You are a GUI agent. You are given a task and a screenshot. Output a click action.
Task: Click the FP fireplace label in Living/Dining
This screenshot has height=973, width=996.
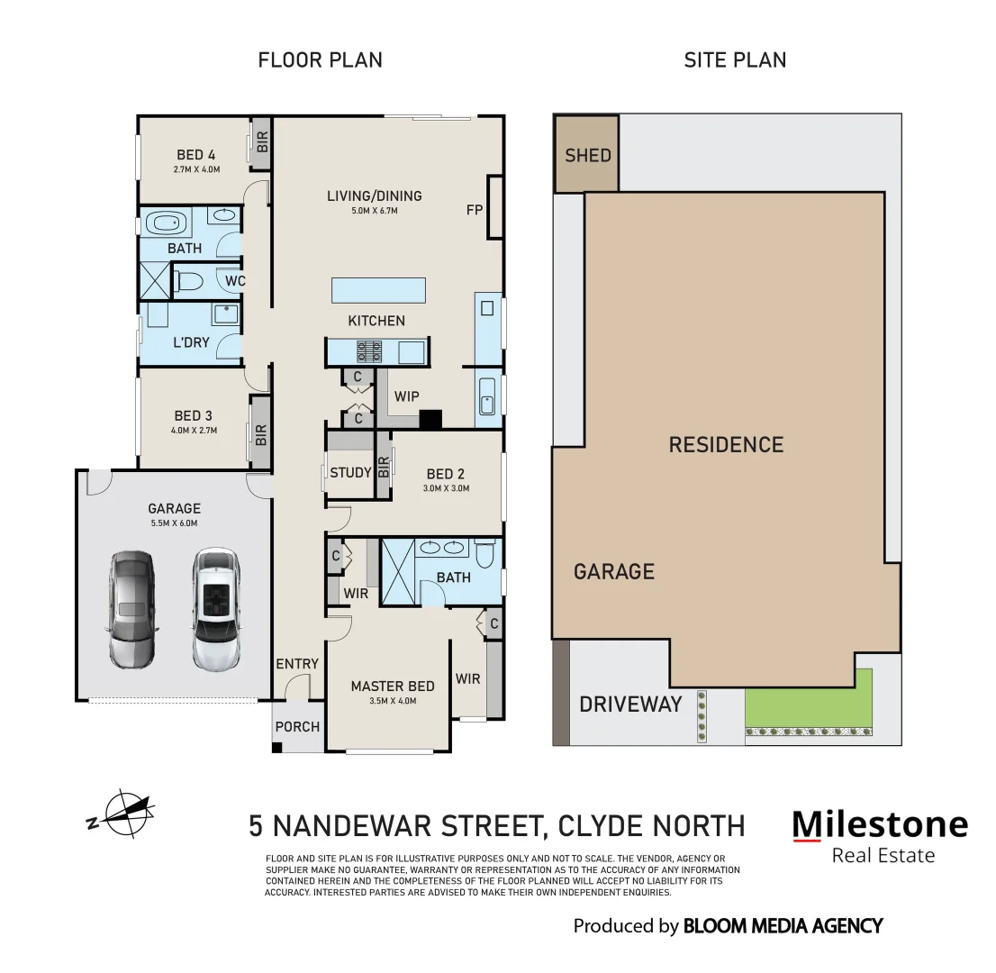(x=475, y=210)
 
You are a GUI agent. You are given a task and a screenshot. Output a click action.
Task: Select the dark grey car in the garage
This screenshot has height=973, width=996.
(x=132, y=609)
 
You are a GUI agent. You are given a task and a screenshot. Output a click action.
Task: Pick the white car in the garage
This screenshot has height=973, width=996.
(x=216, y=609)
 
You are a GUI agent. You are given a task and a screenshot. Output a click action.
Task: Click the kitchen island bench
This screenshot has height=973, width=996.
(x=377, y=290)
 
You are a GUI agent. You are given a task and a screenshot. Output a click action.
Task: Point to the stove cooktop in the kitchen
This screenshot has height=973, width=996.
(x=369, y=350)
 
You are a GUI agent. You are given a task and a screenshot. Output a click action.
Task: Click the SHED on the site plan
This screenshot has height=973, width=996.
(x=587, y=155)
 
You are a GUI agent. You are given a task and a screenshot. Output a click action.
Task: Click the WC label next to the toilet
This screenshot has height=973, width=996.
(x=235, y=281)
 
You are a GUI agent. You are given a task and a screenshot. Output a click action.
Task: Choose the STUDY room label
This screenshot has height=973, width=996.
(x=350, y=473)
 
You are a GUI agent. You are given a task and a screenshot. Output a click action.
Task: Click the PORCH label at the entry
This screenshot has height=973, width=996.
(x=297, y=725)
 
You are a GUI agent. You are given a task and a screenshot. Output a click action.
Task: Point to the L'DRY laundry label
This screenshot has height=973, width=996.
(x=190, y=342)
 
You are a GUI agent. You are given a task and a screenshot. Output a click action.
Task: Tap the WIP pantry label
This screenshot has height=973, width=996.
(x=406, y=396)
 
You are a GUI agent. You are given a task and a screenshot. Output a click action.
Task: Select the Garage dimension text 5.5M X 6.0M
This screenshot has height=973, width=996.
(x=174, y=523)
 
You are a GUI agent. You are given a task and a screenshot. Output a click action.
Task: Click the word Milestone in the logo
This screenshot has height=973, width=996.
(x=879, y=823)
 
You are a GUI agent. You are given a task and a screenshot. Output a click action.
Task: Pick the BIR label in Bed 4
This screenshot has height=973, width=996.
(x=262, y=142)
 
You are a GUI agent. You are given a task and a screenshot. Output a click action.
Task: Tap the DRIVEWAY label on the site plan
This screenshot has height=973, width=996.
(x=630, y=704)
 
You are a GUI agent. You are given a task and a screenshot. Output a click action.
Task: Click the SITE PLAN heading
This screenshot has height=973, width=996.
(x=735, y=60)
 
